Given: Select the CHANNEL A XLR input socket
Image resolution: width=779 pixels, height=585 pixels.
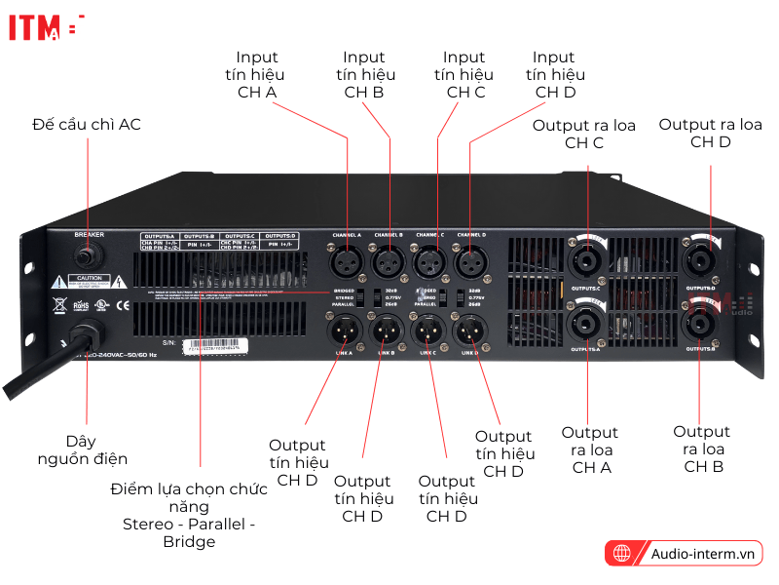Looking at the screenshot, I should [347, 261].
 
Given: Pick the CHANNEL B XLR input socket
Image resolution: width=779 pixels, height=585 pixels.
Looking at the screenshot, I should [389, 261].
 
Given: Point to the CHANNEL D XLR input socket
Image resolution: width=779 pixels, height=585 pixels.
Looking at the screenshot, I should [470, 261].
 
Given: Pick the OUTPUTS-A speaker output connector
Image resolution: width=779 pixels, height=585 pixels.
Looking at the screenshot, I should [587, 323].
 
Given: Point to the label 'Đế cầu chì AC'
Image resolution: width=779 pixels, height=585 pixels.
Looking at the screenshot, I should [87, 124].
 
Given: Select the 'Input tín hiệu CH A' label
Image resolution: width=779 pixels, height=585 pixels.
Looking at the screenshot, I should [257, 75].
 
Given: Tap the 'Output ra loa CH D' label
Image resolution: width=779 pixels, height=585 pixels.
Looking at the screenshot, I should [710, 133].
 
